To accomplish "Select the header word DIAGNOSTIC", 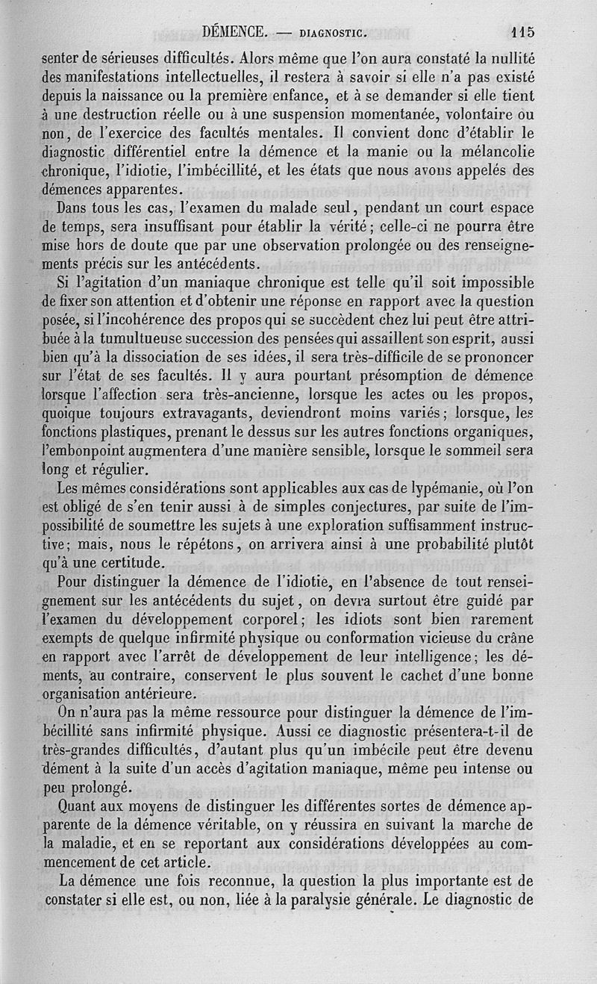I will pos(331,33).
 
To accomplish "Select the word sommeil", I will pos(482,451).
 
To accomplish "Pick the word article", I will pos(184,862).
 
